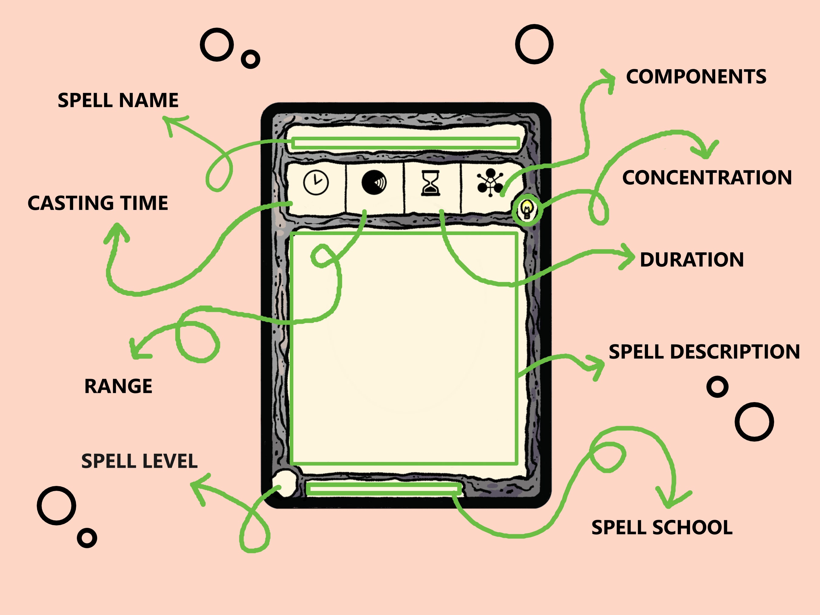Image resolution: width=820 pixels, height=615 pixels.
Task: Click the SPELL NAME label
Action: coord(118,101)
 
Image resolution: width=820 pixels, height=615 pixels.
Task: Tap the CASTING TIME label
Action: coord(98,203)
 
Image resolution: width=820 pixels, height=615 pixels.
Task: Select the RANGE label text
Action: coord(118,386)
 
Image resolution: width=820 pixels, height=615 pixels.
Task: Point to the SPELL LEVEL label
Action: coord(139,461)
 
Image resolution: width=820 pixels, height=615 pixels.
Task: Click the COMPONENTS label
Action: coord(696,77)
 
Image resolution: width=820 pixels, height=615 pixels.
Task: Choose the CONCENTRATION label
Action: coord(707,178)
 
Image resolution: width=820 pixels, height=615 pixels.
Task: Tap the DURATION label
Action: coord(692,259)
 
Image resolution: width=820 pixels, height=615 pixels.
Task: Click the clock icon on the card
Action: coord(316,183)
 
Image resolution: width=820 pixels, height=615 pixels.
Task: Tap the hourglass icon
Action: coord(430,183)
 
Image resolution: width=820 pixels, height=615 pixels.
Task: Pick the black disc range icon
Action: coord(374,183)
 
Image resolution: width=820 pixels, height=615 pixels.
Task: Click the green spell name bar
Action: coord(405,143)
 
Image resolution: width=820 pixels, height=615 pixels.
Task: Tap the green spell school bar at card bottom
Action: coord(384,489)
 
